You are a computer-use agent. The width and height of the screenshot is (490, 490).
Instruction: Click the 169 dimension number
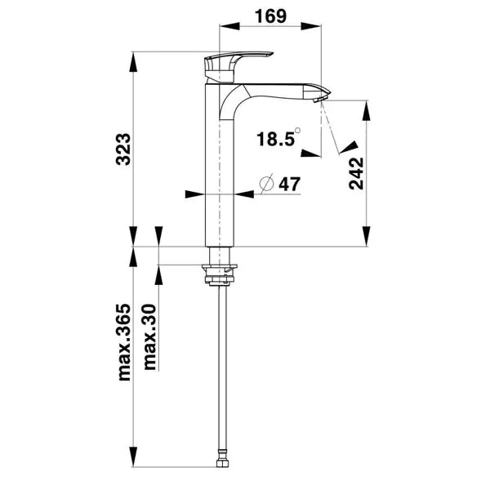click(x=270, y=16)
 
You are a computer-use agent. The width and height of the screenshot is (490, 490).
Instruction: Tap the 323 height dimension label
click(x=123, y=149)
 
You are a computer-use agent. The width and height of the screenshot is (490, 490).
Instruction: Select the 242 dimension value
click(x=356, y=173)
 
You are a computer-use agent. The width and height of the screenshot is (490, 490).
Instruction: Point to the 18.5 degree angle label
click(x=276, y=139)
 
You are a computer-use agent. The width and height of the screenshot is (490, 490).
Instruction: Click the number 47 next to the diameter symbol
click(x=289, y=185)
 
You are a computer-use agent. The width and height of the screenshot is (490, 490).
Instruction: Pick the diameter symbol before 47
click(x=266, y=184)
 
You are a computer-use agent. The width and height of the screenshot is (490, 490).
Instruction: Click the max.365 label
click(x=124, y=342)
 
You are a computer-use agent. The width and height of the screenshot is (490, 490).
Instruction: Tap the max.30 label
click(x=149, y=337)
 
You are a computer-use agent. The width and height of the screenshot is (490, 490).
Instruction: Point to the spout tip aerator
click(x=319, y=100)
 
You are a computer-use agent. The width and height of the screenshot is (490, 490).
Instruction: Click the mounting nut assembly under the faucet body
click(x=220, y=274)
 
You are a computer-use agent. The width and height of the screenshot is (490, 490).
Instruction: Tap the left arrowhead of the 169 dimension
click(x=229, y=26)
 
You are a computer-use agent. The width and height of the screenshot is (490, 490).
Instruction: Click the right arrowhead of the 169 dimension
click(x=311, y=26)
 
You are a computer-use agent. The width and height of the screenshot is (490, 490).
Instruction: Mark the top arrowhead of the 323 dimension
click(x=133, y=62)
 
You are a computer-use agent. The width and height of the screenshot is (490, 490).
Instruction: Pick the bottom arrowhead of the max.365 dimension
click(x=133, y=457)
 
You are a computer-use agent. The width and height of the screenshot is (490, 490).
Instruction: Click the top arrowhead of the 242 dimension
click(x=366, y=111)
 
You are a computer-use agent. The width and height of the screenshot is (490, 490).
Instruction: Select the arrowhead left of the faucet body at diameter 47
click(x=194, y=194)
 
